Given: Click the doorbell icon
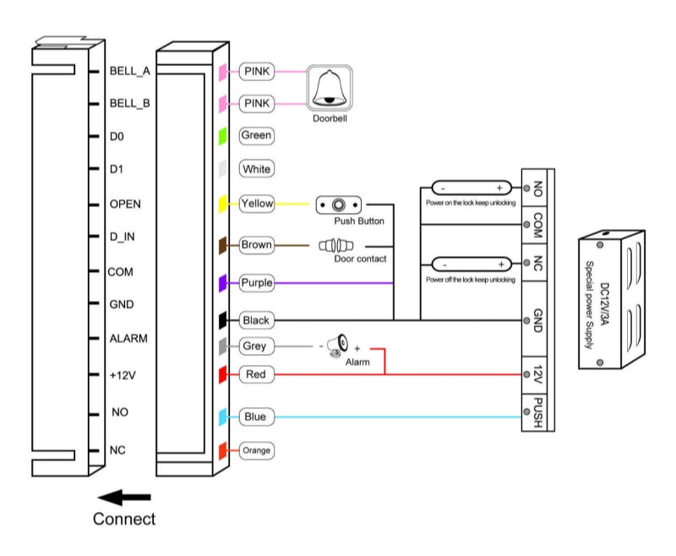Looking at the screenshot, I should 328,90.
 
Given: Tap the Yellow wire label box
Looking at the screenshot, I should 256,204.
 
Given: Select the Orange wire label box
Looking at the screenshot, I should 256,450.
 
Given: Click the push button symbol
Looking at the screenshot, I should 340,204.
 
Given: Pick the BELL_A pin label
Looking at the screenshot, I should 129,72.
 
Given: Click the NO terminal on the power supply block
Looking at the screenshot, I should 538,190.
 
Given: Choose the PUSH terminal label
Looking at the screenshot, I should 538,414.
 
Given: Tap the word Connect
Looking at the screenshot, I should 124,518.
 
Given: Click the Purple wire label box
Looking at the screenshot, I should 256,283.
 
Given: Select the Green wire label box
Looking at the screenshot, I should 256,134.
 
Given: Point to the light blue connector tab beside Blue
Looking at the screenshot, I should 221,417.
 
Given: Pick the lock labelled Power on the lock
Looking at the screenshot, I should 472,188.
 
